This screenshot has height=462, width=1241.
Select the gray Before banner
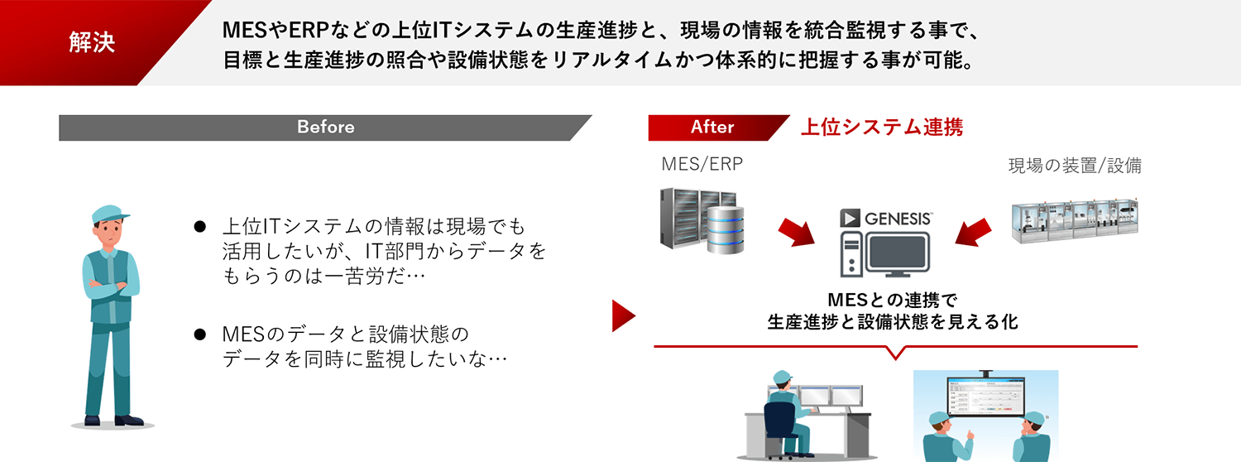pos(325,128)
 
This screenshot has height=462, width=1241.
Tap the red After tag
pos(712,128)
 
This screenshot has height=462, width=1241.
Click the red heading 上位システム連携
pos(881,128)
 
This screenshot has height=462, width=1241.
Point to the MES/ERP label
pos(702,164)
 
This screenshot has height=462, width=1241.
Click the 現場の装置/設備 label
pos(1074,165)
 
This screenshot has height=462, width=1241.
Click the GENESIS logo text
pos(898,219)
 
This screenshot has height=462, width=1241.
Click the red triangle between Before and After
pos(622,315)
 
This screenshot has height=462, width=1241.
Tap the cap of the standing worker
pos(109,214)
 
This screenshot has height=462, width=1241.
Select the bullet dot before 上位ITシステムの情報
pos(199,226)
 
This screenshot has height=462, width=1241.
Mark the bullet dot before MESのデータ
pos(199,334)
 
